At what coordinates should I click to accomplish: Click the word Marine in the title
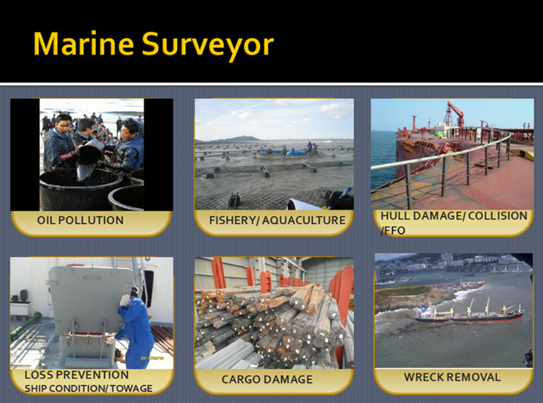click(83, 44)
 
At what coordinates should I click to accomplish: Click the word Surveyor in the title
click(208, 45)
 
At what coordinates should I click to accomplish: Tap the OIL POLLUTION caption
click(80, 220)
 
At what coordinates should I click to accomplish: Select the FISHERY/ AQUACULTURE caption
click(277, 220)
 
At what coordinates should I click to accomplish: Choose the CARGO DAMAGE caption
click(267, 379)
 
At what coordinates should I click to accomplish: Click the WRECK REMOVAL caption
click(452, 377)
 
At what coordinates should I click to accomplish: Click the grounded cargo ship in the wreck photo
click(469, 314)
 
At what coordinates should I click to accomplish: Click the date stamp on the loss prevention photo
click(152, 358)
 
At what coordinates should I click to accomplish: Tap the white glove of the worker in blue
click(124, 300)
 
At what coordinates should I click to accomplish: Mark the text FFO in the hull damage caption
click(393, 230)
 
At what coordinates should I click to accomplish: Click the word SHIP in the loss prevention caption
click(36, 389)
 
